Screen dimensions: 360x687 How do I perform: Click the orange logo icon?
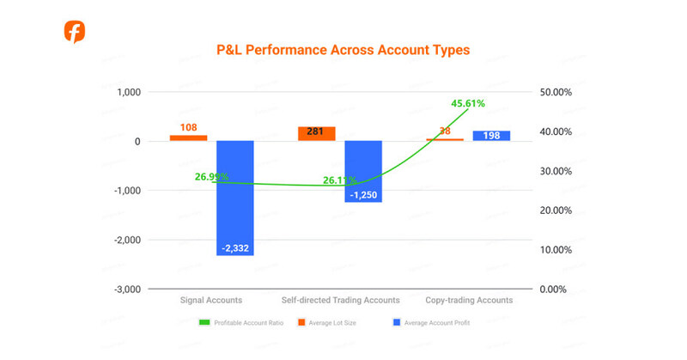pos(75,32)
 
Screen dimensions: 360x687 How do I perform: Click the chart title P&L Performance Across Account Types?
pos(343,51)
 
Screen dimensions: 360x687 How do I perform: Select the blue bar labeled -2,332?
pos(234,198)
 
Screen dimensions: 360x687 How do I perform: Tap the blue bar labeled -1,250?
pos(362,171)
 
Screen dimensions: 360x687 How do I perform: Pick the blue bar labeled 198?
pos(491,135)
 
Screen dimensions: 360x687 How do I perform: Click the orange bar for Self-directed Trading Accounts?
pos(316,133)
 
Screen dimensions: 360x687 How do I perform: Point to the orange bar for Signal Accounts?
pos(188,137)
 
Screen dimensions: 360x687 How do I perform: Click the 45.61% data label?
pos(468,103)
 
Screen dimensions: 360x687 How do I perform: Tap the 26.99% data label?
pos(211,177)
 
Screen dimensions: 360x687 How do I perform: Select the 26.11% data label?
pos(339,180)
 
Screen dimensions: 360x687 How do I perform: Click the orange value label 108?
pos(188,128)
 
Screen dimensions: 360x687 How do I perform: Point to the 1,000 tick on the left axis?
pos(126,92)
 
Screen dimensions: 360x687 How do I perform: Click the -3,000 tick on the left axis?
pos(124,290)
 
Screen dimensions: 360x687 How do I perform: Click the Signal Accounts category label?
pos(211,301)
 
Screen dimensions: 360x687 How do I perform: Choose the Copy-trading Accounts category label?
pos(469,301)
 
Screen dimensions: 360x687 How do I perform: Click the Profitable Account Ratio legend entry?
pos(240,323)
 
